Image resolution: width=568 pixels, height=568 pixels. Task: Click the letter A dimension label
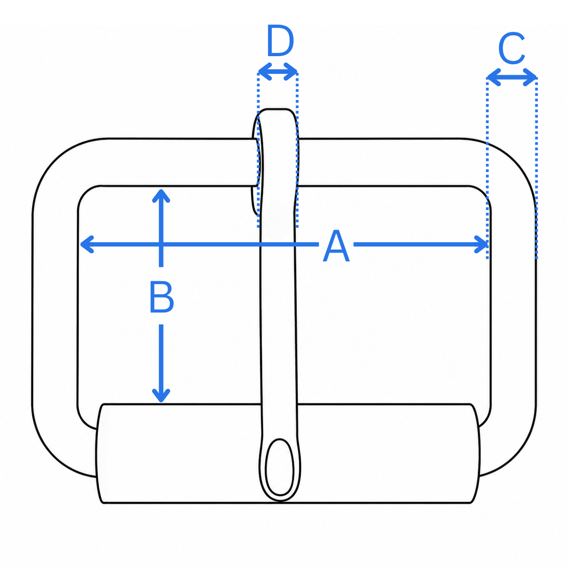click(336, 246)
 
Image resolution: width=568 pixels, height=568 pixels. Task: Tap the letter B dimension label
click(161, 297)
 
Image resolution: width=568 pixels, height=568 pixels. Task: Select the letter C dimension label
click(511, 48)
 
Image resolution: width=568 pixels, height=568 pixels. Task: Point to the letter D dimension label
click(280, 41)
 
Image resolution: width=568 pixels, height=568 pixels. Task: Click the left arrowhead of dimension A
click(87, 244)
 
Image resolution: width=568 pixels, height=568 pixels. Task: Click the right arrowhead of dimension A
click(481, 244)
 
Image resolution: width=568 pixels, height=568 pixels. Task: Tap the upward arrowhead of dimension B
click(161, 196)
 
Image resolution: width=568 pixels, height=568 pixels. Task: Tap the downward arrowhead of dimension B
click(161, 396)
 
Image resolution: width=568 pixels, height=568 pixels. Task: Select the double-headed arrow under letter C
click(511, 77)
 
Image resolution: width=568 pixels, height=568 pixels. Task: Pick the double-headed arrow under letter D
click(277, 71)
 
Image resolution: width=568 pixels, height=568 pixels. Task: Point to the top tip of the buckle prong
click(277, 109)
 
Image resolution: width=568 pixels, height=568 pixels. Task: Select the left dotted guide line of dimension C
click(487, 168)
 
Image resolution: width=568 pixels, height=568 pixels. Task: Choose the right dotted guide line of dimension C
click(537, 168)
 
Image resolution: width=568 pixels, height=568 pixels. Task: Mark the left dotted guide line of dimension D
click(259, 150)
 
